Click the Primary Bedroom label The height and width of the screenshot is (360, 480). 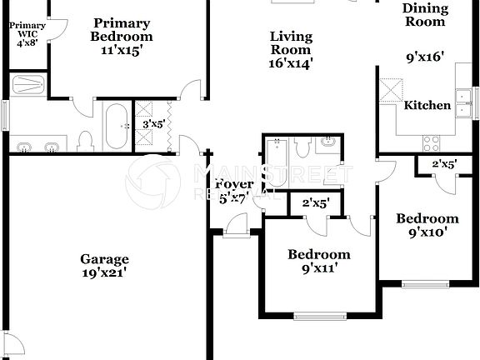(x=122, y=36)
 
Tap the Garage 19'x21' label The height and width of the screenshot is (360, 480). (x=104, y=265)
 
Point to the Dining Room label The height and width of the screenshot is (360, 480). (x=425, y=15)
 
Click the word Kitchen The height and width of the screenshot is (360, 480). (x=427, y=106)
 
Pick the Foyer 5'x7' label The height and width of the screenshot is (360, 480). (x=234, y=191)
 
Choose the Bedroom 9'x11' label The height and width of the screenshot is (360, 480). (x=319, y=261)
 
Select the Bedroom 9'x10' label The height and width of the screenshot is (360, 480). (x=427, y=225)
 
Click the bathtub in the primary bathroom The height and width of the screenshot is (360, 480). (x=116, y=126)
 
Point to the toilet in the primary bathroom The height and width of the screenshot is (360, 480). (x=86, y=141)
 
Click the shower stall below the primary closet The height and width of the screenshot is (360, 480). (x=29, y=83)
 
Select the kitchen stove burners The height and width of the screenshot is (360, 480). (x=431, y=142)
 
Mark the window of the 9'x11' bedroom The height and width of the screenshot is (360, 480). (x=320, y=316)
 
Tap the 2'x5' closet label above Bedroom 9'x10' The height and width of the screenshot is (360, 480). (x=443, y=165)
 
